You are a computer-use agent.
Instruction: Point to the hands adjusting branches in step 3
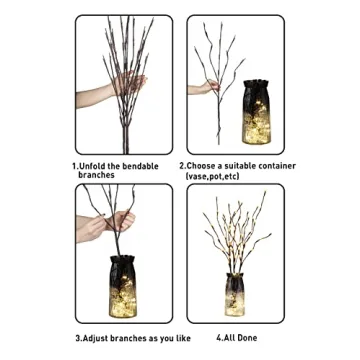click(118, 221)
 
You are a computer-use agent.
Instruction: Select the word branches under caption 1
click(97, 175)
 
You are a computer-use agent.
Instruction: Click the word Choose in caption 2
click(205, 166)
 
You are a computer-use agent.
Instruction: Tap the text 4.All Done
click(236, 337)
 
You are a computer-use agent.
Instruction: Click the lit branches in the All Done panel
click(236, 230)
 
